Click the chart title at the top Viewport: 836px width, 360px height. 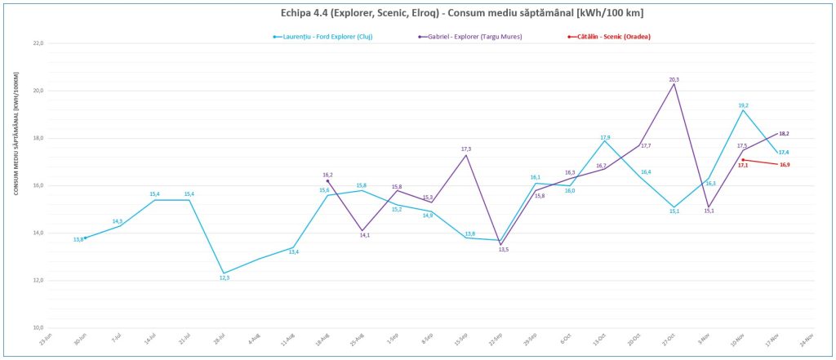[417, 13]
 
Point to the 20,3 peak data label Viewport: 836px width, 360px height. [674, 79]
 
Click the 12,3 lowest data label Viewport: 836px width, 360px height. [224, 278]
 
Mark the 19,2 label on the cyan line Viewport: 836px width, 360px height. [743, 105]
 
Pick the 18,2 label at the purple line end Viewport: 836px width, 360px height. [784, 133]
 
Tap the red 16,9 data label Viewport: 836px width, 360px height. [784, 165]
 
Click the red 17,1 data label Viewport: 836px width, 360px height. [742, 165]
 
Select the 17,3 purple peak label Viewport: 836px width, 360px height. [466, 149]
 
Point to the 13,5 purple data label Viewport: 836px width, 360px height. [504, 249]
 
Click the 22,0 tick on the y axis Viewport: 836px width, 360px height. [38, 42]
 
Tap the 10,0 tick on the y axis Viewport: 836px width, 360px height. [38, 327]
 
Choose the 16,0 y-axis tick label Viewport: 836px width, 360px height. [38, 185]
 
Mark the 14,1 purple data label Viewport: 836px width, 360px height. [364, 235]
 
